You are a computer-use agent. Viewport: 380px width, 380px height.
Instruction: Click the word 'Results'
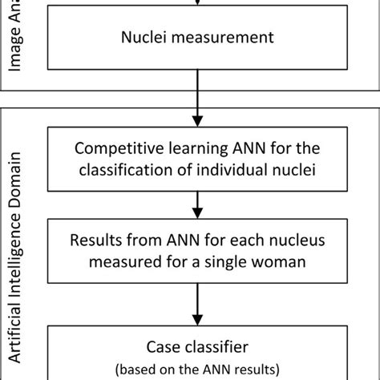(x=96, y=240)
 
